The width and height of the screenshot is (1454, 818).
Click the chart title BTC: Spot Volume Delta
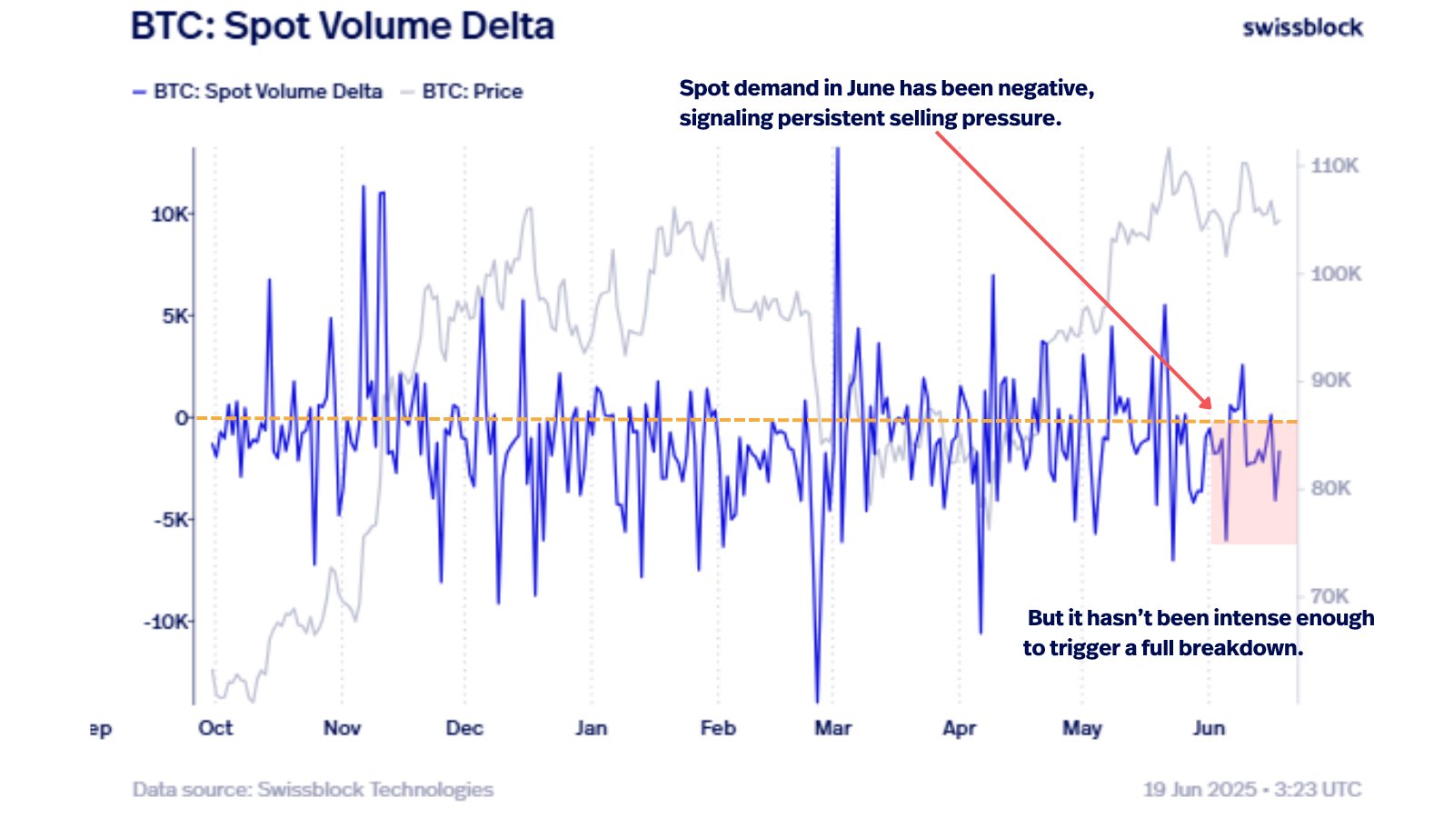(343, 26)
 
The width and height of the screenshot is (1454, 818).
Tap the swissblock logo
(1302, 28)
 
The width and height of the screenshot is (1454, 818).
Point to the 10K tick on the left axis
(170, 214)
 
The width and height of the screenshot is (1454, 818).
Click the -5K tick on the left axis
(170, 520)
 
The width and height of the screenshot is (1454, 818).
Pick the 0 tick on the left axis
(182, 418)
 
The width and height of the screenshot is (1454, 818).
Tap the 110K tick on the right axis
(1334, 165)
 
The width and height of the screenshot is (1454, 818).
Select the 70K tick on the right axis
(1330, 596)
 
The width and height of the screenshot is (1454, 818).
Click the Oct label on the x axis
(215, 728)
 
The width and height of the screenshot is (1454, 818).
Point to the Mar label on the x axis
(832, 728)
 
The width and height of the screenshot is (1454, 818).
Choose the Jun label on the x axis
(1209, 728)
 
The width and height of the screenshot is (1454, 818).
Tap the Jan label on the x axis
(591, 728)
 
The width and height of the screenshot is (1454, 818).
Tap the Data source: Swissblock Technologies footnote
(313, 789)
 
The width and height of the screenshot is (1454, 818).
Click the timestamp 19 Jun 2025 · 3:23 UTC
(1251, 789)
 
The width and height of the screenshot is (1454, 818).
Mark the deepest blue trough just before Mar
(817, 701)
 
